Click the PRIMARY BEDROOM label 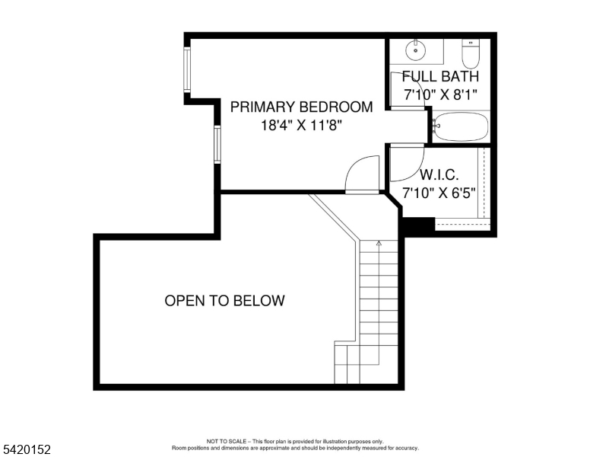pyautogui.click(x=302, y=107)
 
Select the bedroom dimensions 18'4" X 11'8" pyautogui.click(x=302, y=126)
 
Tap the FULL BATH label pyautogui.click(x=440, y=76)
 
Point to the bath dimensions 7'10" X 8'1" pyautogui.click(x=440, y=94)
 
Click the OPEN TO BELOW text pyautogui.click(x=224, y=301)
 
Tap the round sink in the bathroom pyautogui.click(x=415, y=50)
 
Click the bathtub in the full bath pyautogui.click(x=461, y=126)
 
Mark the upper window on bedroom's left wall pyautogui.click(x=187, y=71)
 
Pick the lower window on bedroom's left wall pyautogui.click(x=217, y=145)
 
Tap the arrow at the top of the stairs pyautogui.click(x=379, y=244)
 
